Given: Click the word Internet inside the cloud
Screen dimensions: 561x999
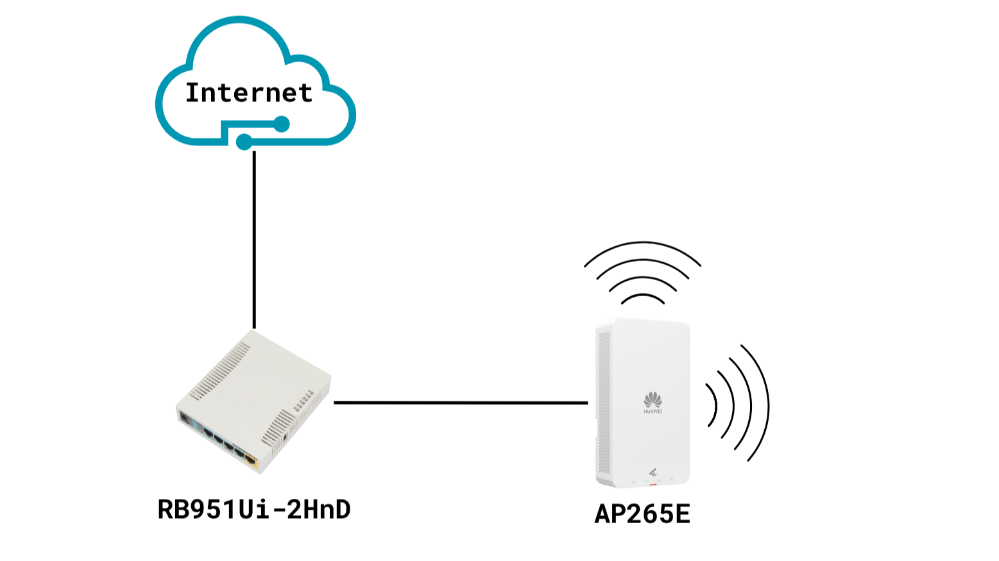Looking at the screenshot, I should pyautogui.click(x=248, y=93).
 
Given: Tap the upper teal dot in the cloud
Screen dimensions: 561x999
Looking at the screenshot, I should pyautogui.click(x=282, y=124).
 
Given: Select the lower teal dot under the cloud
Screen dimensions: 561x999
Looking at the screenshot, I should pyautogui.click(x=244, y=141).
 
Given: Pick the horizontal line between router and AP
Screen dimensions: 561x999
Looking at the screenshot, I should pyautogui.click(x=461, y=403).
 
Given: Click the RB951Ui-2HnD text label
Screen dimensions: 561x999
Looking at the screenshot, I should pyautogui.click(x=254, y=510).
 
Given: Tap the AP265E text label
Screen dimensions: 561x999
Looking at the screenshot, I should pyautogui.click(x=642, y=514).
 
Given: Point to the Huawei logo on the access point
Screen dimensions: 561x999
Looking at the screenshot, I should pyautogui.click(x=653, y=402).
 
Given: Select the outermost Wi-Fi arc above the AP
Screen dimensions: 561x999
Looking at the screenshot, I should pyautogui.click(x=642, y=245).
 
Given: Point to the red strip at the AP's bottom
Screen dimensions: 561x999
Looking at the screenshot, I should pyautogui.click(x=653, y=484).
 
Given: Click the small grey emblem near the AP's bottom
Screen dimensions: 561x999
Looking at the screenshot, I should pyautogui.click(x=653, y=473).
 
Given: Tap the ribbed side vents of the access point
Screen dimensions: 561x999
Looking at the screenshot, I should pyautogui.click(x=603, y=404).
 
